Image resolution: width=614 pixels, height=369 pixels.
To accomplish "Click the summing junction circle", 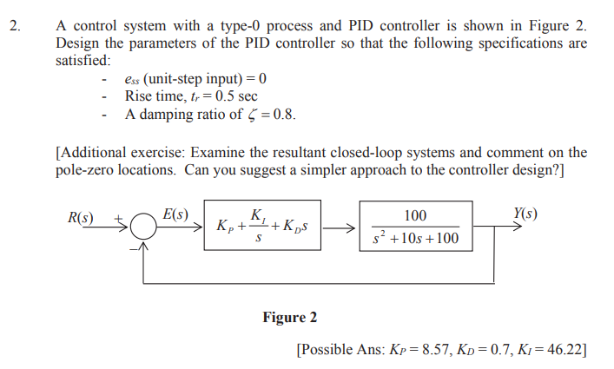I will point(144,227).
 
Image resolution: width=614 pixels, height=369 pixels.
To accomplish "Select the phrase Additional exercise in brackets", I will point(120,153).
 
